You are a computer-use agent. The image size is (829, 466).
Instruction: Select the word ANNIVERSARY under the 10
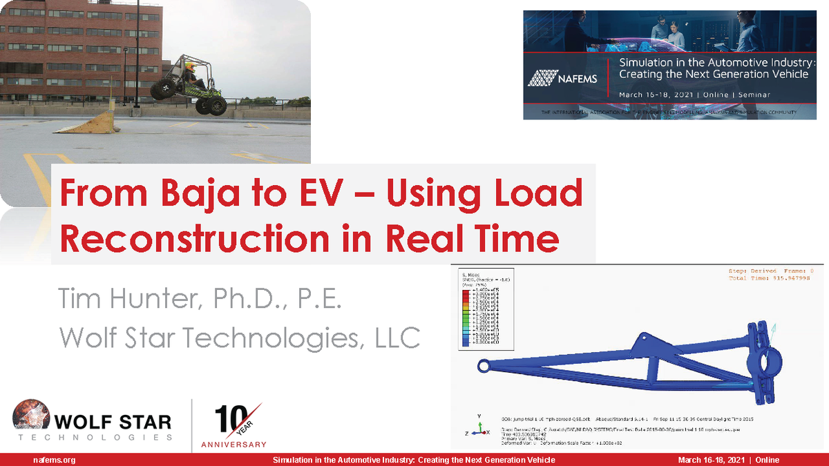point(234,445)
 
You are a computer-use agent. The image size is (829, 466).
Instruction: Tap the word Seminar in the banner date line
point(751,95)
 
